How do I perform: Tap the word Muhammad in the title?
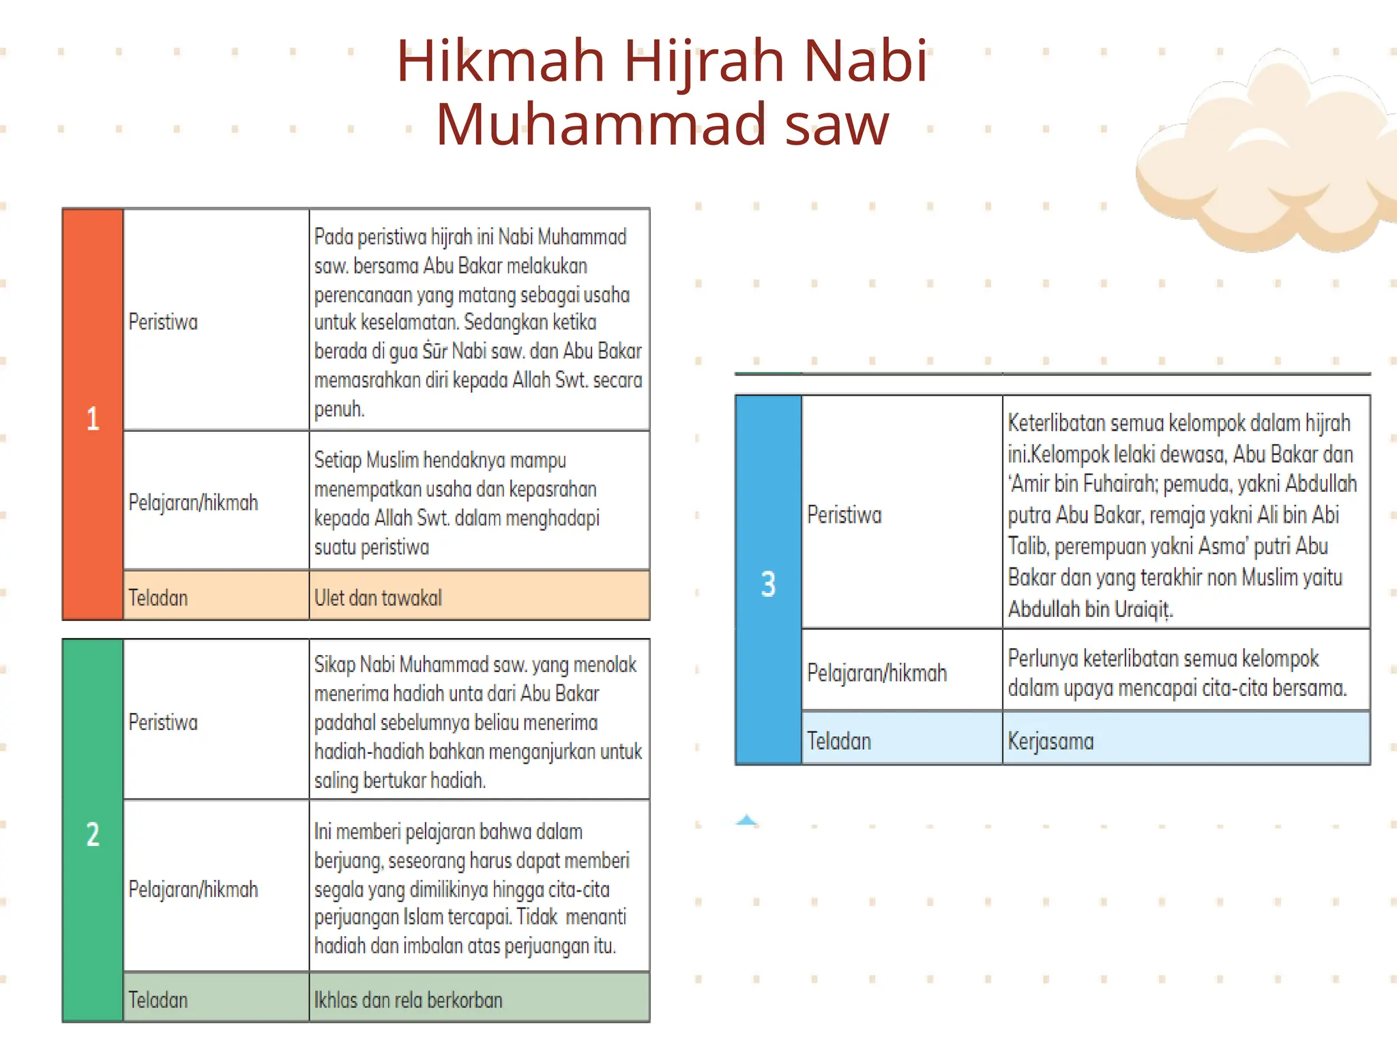601,124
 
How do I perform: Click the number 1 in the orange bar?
93,418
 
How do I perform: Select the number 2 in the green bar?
93,834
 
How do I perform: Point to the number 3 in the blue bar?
768,584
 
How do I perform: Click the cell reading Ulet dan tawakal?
378,598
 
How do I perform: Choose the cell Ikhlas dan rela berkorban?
408,1000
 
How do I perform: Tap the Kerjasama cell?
1050,741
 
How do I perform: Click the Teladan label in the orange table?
158,598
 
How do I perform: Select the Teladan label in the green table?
158,1000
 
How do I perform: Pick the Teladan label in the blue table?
839,741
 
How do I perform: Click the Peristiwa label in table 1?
163,321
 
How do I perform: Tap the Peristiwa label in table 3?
844,514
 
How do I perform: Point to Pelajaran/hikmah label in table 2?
193,889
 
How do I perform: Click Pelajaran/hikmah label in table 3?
877,673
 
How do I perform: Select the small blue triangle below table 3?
747,820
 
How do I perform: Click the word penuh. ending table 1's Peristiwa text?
339,409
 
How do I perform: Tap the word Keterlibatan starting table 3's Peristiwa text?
1057,423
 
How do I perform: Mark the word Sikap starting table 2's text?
334,665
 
